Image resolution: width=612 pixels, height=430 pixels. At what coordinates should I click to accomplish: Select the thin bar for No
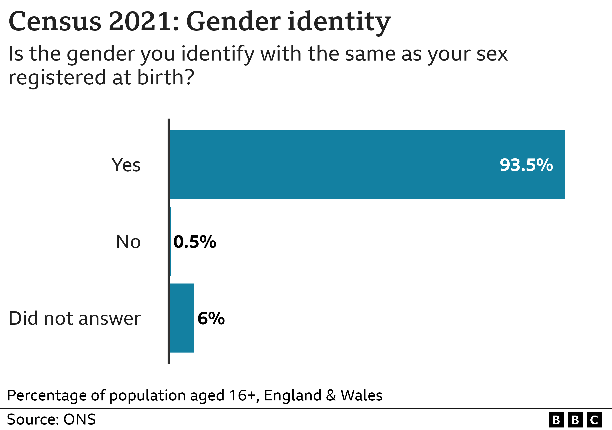point(170,241)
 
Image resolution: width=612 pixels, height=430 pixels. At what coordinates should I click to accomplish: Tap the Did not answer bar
point(182,318)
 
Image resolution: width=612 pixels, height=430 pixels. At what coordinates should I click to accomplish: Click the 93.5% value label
point(526,165)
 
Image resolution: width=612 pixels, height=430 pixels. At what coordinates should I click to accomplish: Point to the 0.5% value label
point(195,242)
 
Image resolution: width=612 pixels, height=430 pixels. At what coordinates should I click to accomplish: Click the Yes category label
point(126,165)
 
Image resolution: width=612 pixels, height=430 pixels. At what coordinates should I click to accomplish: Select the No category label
point(128,242)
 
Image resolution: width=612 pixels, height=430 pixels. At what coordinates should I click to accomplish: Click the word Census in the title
point(55,21)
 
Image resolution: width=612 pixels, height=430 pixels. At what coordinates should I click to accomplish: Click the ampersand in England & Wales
point(331,395)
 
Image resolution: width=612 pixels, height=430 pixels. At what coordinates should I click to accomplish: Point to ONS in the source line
point(79,419)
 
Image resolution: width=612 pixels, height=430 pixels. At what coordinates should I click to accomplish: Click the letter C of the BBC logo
point(594,420)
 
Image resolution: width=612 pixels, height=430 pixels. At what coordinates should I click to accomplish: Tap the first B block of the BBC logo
point(556,420)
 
